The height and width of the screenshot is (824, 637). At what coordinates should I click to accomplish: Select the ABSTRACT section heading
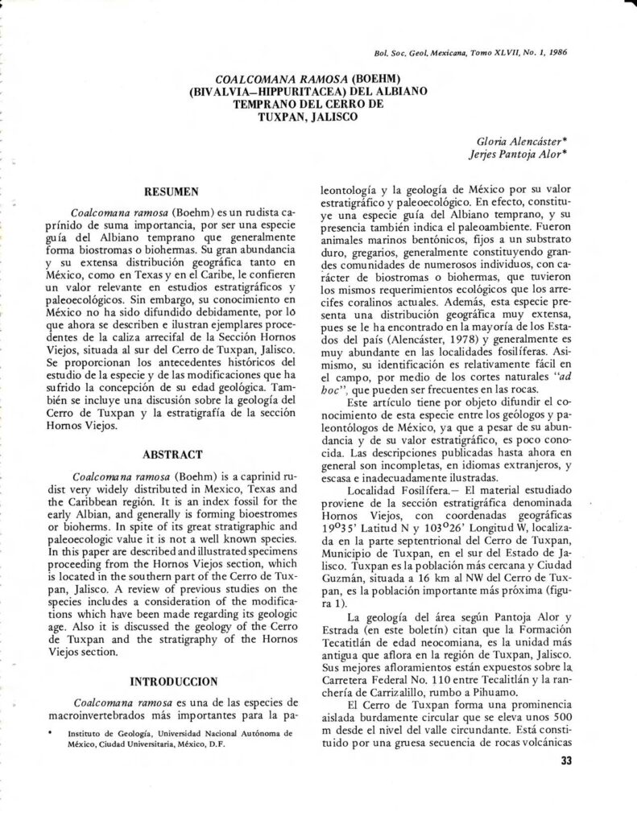[171, 453]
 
